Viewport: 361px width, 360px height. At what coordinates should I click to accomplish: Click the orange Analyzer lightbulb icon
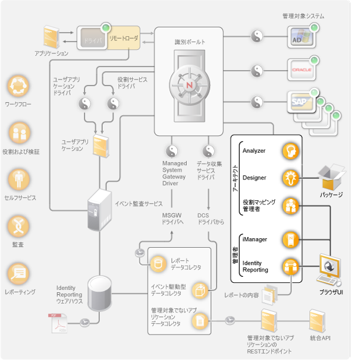pyautogui.click(x=290, y=151)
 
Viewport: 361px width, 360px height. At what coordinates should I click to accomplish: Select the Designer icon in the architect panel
pyautogui.click(x=290, y=178)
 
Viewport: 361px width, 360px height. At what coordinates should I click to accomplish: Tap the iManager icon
pyautogui.click(x=290, y=239)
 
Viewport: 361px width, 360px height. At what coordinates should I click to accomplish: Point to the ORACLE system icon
pyautogui.click(x=299, y=70)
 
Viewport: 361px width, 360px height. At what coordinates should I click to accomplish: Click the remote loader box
pyautogui.click(x=124, y=38)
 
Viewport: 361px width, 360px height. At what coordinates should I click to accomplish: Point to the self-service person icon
pyautogui.click(x=18, y=179)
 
